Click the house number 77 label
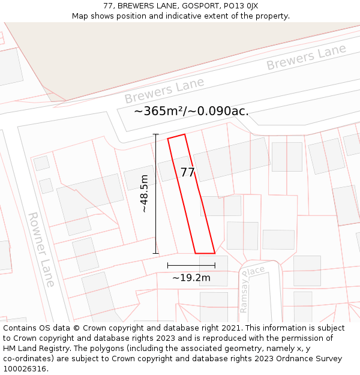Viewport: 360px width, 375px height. point(187,173)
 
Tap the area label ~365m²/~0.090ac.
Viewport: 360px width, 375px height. point(191,112)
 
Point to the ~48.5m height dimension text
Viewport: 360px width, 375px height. point(145,193)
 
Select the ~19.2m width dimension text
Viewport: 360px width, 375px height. point(191,278)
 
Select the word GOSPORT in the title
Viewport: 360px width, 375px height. point(190,6)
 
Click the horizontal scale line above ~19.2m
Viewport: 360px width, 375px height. point(191,265)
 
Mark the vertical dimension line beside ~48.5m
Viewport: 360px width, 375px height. point(156,193)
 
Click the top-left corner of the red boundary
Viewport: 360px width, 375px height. point(168,139)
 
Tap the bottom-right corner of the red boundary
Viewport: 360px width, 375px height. point(215,253)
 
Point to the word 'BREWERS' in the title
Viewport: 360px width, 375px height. point(137,6)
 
